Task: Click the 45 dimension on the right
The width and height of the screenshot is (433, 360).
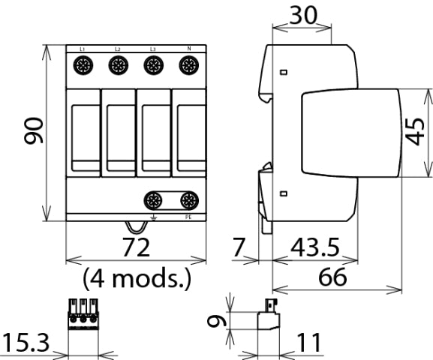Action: click(x=418, y=133)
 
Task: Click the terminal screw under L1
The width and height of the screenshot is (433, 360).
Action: click(x=83, y=66)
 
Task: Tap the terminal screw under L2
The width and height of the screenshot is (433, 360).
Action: click(x=118, y=66)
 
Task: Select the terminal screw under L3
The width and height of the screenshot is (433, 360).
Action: click(x=153, y=66)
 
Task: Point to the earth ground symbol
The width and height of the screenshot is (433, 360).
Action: click(x=154, y=217)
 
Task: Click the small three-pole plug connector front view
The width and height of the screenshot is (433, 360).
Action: click(x=83, y=316)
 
